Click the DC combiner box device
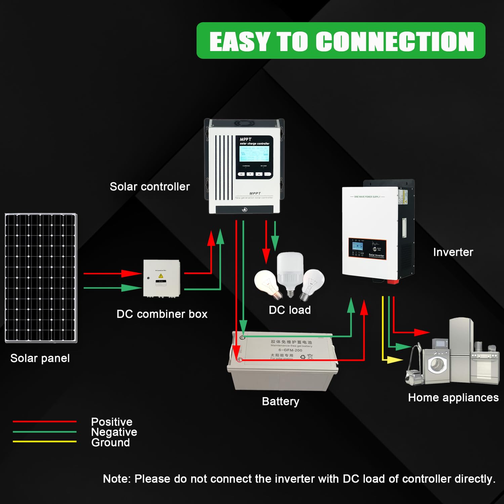tap(162, 278)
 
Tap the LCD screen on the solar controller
tap(254, 154)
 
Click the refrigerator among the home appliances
tap(461, 349)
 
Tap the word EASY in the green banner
tap(239, 42)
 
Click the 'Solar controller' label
tap(150, 186)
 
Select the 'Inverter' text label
tap(453, 252)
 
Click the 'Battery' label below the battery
tap(281, 401)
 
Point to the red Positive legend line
tap(45, 421)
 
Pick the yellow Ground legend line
tap(45, 442)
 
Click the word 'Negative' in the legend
tap(114, 432)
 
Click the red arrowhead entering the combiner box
tap(132, 274)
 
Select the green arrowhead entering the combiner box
tap(132, 288)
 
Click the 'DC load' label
tap(290, 310)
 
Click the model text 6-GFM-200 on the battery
tap(290, 350)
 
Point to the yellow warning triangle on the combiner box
tap(161, 276)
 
